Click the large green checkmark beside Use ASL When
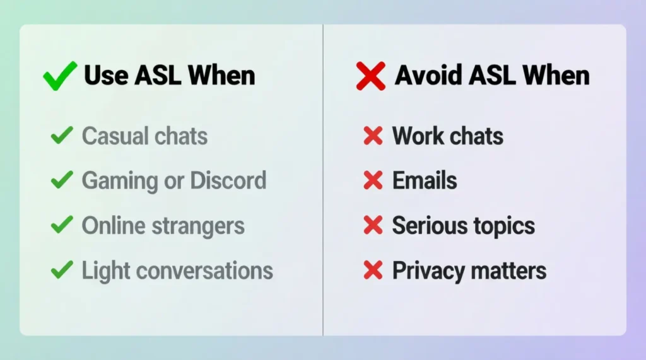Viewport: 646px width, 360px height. click(x=59, y=76)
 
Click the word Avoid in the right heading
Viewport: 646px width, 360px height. click(x=424, y=76)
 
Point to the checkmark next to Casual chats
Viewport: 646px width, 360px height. click(x=61, y=136)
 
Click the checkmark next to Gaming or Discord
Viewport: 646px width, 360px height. click(x=61, y=181)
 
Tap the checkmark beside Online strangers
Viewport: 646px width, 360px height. click(x=61, y=226)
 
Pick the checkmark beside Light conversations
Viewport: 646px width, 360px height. click(x=61, y=271)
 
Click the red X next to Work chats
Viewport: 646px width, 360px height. click(x=373, y=136)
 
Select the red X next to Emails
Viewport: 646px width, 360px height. click(x=373, y=181)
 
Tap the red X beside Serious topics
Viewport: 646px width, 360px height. click(x=373, y=226)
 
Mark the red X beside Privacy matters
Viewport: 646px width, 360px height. click(x=373, y=271)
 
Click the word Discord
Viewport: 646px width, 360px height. click(x=228, y=181)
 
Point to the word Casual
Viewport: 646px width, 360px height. click(x=114, y=136)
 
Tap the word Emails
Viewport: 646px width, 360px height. click(x=425, y=181)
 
